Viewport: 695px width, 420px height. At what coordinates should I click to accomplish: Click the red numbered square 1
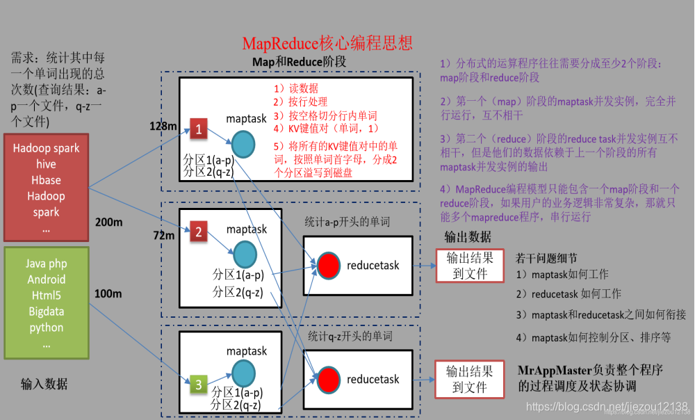click(198, 129)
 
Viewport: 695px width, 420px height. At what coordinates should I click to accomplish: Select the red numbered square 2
click(198, 232)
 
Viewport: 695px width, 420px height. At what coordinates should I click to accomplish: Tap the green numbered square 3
click(198, 383)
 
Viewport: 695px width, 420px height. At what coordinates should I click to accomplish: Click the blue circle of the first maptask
click(244, 143)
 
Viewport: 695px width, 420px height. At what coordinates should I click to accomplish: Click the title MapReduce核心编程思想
click(327, 43)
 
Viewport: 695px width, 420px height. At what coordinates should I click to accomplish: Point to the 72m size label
click(164, 236)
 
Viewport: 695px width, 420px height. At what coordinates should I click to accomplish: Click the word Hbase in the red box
click(46, 180)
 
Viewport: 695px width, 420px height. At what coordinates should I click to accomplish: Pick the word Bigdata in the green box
click(46, 312)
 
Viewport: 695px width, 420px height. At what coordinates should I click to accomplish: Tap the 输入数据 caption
click(44, 384)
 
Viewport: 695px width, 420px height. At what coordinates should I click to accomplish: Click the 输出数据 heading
click(468, 236)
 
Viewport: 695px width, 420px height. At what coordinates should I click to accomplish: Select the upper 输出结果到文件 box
click(469, 265)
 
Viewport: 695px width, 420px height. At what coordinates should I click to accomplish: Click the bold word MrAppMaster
click(552, 370)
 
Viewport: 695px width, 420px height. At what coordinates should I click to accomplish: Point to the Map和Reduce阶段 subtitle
click(299, 62)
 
